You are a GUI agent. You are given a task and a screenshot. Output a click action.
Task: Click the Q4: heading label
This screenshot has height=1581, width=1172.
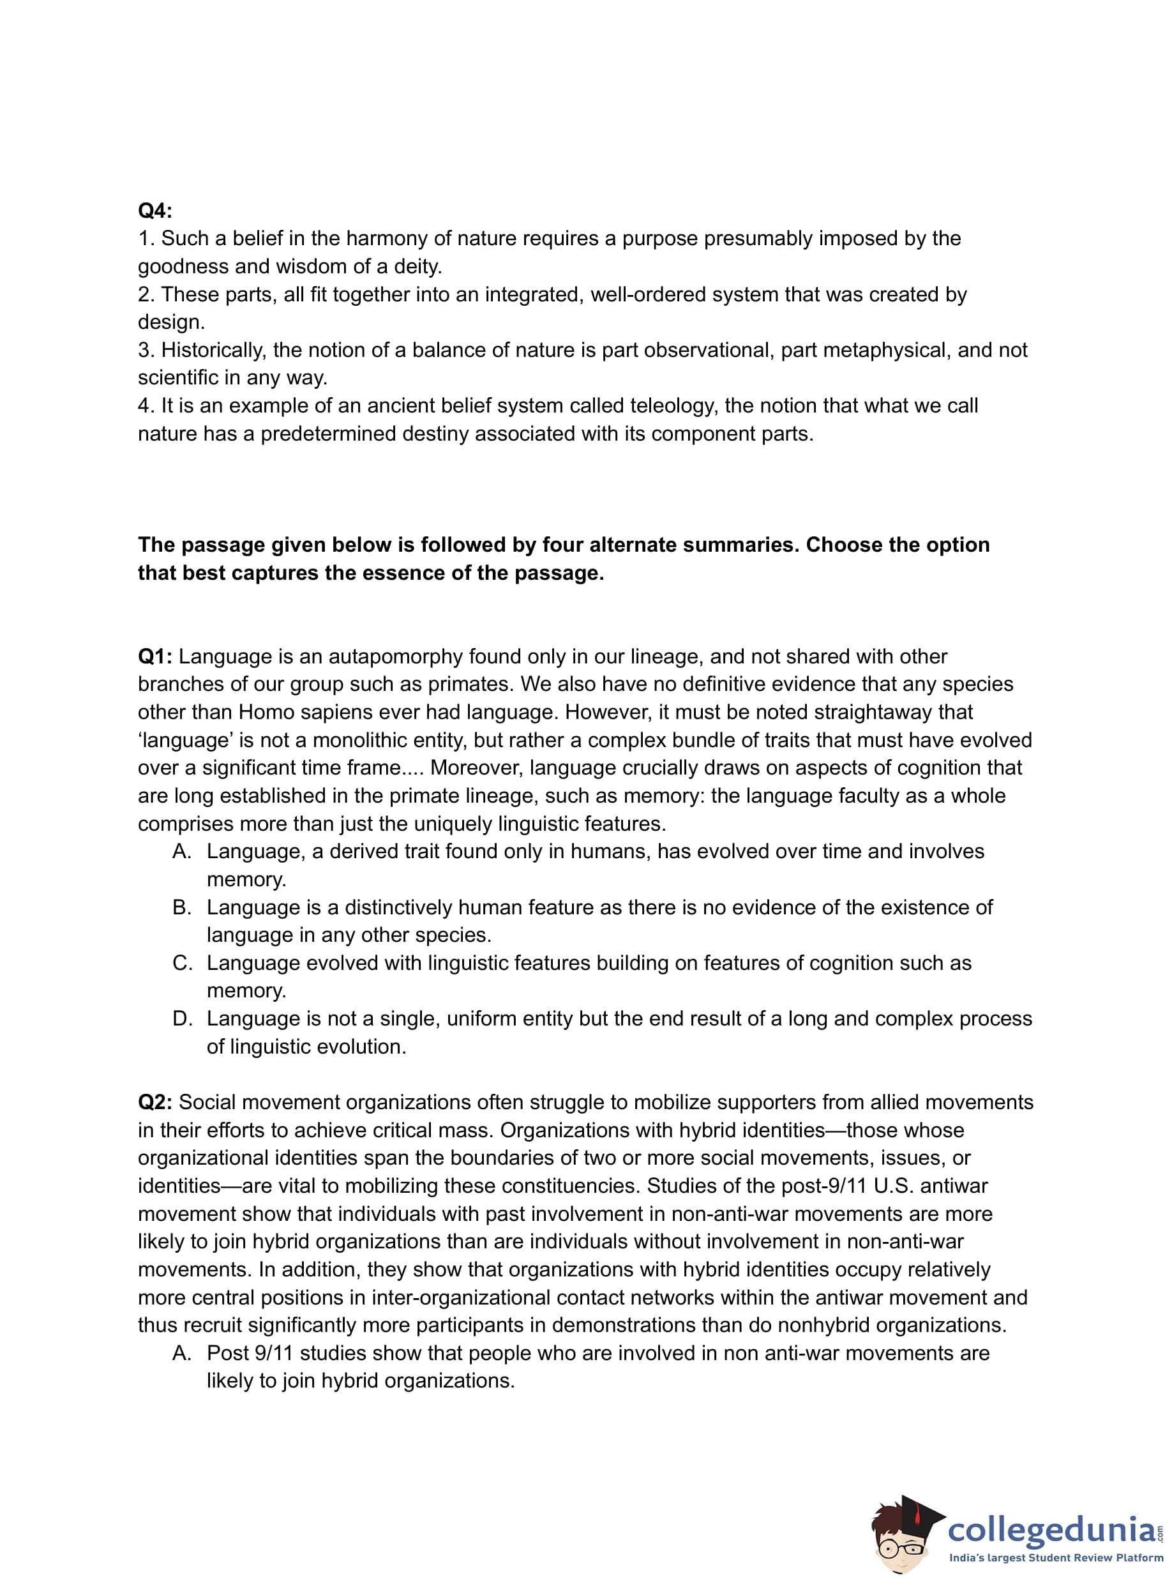[154, 211]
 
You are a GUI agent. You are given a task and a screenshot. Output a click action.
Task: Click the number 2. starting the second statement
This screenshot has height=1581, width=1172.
[146, 294]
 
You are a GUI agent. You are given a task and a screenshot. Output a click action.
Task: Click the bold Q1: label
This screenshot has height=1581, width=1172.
[154, 656]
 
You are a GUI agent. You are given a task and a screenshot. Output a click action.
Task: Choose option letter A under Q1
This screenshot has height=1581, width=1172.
[182, 852]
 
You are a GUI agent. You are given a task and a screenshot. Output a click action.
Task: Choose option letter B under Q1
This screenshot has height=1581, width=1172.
[182, 907]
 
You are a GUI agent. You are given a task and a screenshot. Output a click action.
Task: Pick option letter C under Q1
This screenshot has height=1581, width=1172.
[182, 963]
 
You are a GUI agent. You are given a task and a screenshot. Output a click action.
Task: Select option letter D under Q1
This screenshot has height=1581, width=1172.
[182, 1019]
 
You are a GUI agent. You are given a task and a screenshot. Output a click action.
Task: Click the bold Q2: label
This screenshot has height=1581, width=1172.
[154, 1102]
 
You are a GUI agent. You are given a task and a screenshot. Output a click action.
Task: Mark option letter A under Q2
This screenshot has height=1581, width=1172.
[182, 1353]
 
